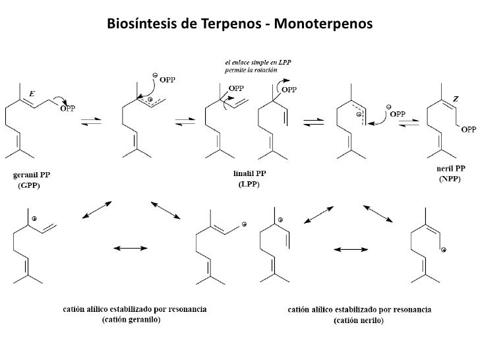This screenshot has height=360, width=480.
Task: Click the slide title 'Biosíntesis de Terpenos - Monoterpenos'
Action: point(239,25)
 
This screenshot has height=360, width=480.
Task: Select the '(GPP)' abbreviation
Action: point(30,186)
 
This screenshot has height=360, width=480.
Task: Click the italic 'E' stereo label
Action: point(32,94)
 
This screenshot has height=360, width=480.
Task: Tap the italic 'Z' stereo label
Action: point(455,98)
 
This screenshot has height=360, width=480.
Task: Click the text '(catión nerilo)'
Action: point(359,320)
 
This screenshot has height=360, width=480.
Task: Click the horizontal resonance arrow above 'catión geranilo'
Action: point(127,249)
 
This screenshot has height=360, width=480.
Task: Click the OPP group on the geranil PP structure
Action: point(67,109)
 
